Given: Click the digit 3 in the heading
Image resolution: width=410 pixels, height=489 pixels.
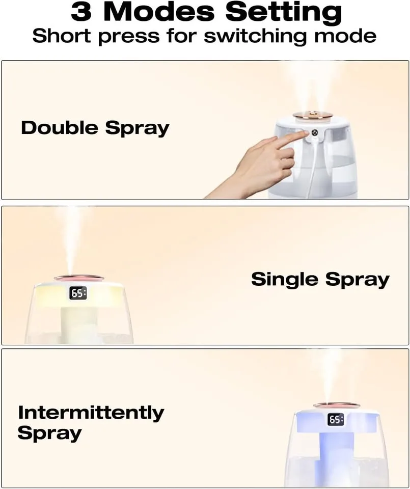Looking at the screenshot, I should point(82,12).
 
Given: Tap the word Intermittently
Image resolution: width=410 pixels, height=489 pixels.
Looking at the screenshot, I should point(91,412).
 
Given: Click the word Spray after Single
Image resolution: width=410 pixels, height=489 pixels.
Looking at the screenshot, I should point(358,280).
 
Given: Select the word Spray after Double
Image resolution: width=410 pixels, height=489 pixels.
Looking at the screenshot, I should point(137,128).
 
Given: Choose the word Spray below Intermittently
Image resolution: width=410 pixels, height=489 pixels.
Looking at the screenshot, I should point(49,433).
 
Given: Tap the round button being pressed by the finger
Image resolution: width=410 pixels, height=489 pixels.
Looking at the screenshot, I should point(314,133).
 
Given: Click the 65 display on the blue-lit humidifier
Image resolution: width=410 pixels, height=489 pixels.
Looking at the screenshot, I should point(336,420).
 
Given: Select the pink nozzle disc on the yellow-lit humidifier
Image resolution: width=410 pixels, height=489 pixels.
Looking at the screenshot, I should point(79,278).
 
